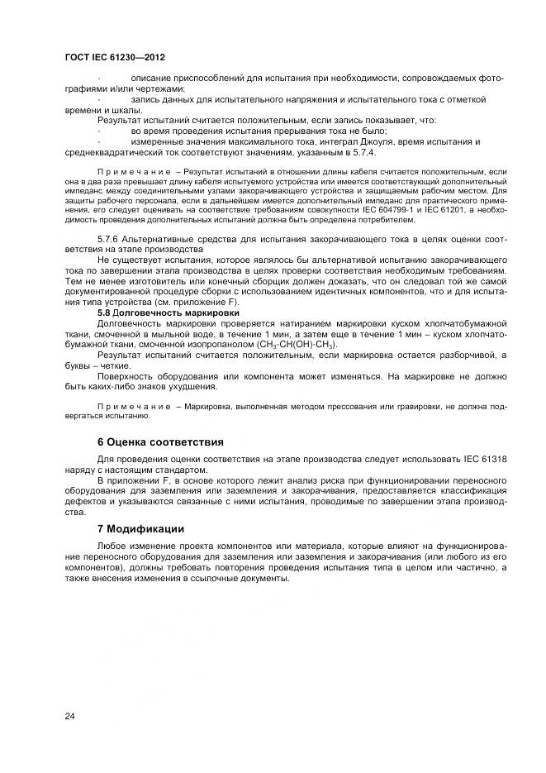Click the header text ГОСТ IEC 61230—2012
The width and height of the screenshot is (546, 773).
coord(115,57)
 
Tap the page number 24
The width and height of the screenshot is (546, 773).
coord(70,715)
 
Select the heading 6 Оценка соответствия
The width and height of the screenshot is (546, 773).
coord(160,442)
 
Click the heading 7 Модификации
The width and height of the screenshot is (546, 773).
coord(140,528)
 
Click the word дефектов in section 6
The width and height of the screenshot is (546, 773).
coord(83,501)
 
